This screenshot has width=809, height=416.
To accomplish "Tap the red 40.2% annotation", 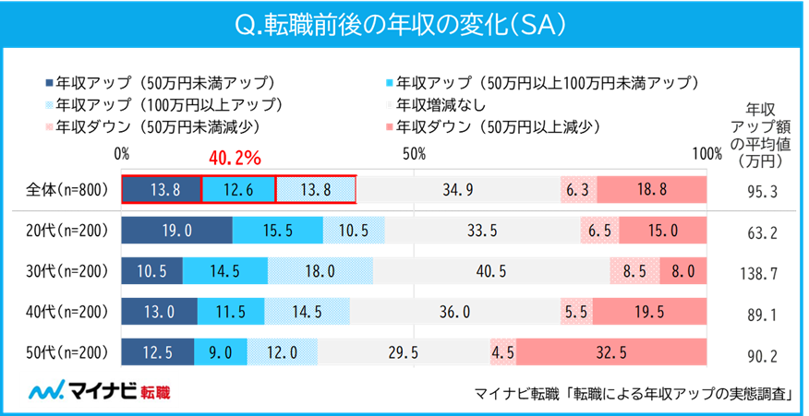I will (237, 159).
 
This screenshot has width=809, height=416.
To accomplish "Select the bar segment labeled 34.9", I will (458, 189).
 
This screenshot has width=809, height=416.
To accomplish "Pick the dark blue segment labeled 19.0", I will (177, 230).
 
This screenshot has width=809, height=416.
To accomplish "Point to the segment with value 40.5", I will (491, 271).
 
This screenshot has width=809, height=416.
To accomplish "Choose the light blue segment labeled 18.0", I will (320, 271).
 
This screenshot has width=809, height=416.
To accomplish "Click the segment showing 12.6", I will (238, 189).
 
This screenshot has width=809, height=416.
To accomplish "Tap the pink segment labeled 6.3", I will (578, 189).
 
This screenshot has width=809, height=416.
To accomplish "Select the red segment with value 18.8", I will (651, 189).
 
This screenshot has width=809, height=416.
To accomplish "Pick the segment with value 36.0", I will (455, 313).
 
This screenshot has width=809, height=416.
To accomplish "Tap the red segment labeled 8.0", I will (682, 271).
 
